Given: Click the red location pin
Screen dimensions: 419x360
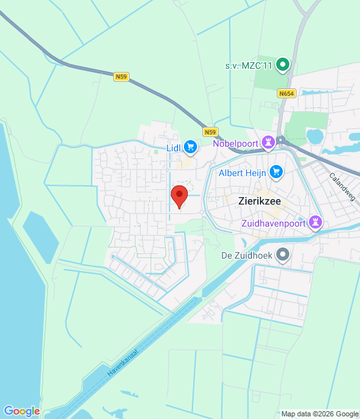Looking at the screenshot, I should (179, 196).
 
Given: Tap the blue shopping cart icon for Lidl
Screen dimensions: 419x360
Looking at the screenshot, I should (190, 147).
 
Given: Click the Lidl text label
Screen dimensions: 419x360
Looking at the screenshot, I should (173, 147).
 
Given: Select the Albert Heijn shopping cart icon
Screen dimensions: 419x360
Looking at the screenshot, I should (276, 172).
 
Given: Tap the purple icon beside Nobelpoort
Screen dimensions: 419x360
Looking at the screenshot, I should (268, 142).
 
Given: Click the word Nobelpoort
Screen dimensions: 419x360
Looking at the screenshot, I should (236, 143).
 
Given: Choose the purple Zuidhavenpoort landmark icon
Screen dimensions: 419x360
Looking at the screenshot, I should (316, 223).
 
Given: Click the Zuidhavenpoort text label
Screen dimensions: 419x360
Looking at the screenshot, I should (272, 223).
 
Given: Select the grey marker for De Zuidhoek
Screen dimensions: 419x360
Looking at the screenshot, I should (283, 254).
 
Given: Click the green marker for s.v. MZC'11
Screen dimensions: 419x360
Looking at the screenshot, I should (283, 64).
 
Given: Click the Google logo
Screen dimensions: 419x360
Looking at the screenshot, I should (21, 411).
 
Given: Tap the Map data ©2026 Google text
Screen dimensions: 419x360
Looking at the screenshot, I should (318, 414).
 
